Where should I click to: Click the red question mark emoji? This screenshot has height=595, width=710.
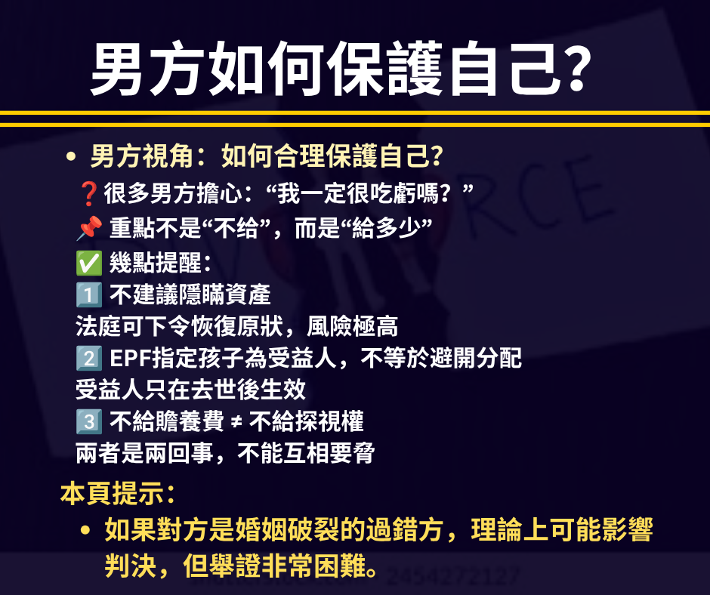point(88,194)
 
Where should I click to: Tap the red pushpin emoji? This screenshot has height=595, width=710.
point(89,228)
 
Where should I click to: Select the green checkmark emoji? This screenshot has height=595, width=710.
point(89,263)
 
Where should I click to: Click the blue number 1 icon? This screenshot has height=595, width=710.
point(89,294)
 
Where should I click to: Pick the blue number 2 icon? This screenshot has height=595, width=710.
point(89,358)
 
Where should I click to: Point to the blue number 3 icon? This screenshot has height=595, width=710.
point(89,421)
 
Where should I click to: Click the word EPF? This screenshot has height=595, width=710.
point(131,358)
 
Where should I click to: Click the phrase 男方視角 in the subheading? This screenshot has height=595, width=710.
point(142,156)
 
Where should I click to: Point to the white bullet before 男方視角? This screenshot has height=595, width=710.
point(71,157)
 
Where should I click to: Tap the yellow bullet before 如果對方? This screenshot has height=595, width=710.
point(85,530)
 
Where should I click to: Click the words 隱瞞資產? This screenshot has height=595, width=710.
point(224,294)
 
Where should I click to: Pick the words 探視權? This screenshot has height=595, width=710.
point(329,421)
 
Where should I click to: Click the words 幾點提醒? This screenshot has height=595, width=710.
point(156,263)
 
